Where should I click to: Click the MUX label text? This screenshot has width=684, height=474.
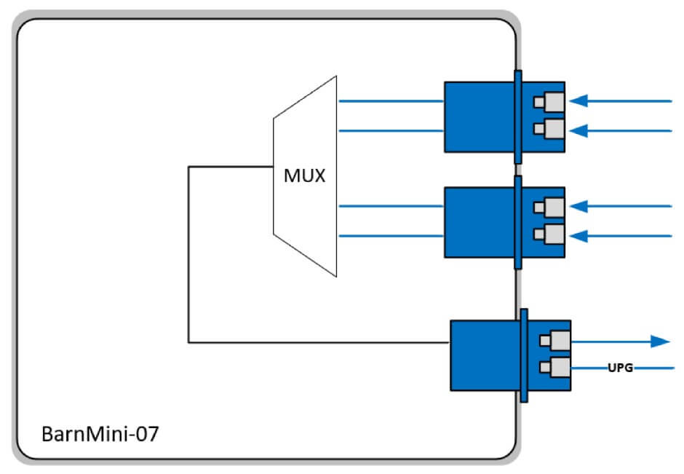tap(305, 175)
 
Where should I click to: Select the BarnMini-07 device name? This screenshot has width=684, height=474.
tap(99, 435)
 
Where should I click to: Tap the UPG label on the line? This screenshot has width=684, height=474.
tap(620, 369)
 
